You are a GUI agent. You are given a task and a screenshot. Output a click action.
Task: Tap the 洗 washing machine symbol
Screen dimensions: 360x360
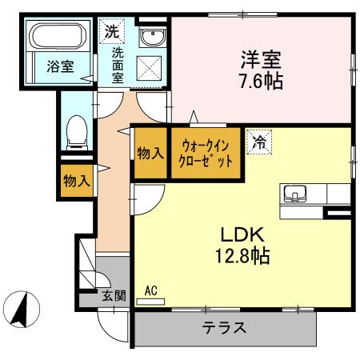[x=110, y=33]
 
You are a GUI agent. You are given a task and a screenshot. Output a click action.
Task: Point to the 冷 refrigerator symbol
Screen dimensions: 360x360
[x=259, y=142]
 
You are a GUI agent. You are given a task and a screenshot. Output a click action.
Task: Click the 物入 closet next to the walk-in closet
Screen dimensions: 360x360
[x=150, y=152]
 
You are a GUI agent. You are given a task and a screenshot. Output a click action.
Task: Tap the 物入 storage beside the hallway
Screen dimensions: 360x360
[x=77, y=181]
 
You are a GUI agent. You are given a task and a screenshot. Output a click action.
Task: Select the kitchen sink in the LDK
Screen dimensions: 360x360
[x=294, y=194]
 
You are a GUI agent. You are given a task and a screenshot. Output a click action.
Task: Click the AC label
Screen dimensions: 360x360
[x=151, y=291]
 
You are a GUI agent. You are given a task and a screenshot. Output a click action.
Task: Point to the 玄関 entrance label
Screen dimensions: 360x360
[x=114, y=296]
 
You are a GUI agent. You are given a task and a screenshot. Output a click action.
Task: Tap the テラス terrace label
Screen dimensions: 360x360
[x=223, y=328]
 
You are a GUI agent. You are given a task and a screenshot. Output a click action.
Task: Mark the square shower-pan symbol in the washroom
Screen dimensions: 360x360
[x=150, y=68]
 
